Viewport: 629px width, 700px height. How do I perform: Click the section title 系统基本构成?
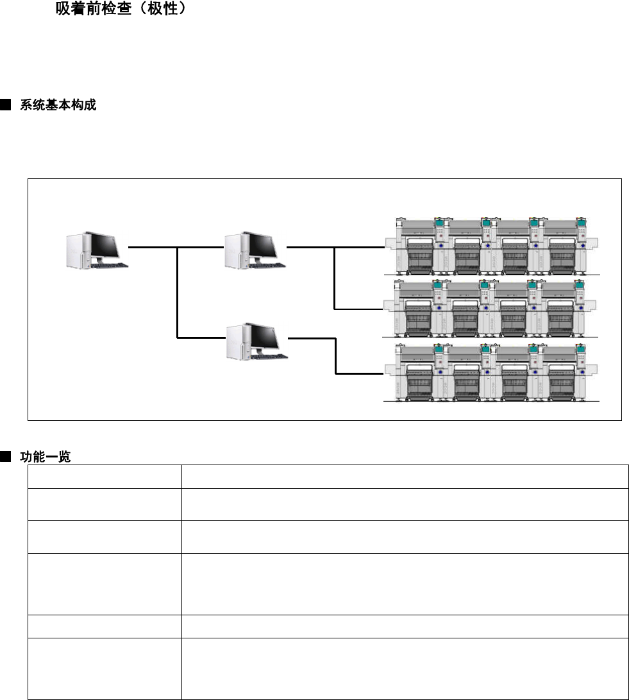point(58,105)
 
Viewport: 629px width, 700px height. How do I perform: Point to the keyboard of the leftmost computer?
point(109,264)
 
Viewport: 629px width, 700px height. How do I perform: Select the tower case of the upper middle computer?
point(233,252)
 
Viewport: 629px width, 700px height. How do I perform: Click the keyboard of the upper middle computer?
point(267,265)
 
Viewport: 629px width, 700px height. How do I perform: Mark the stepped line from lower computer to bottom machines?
point(335,355)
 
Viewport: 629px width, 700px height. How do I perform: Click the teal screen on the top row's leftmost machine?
point(440,223)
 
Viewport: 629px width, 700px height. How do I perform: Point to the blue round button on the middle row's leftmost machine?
point(440,307)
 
